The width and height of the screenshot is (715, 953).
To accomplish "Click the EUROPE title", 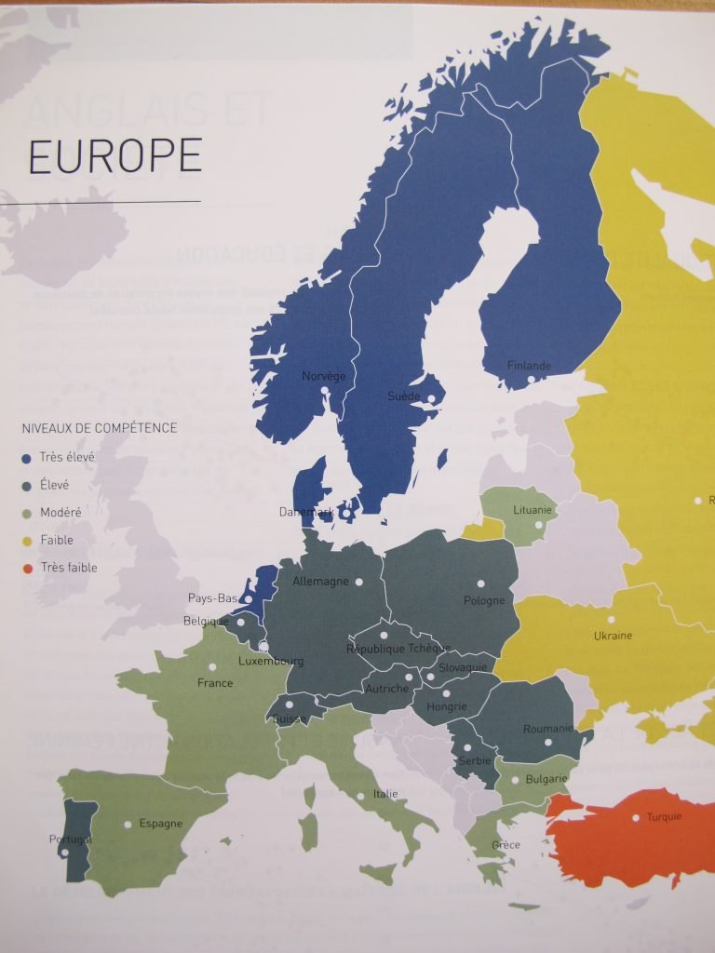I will (x=115, y=156).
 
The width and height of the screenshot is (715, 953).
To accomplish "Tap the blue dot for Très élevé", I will (x=27, y=458).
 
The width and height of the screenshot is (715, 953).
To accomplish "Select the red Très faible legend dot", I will (x=27, y=568).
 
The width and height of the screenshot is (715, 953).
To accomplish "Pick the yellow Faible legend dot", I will (x=27, y=540).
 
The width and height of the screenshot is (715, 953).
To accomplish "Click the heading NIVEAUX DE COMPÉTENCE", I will (x=99, y=428).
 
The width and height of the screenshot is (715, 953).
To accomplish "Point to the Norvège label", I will (x=323, y=376).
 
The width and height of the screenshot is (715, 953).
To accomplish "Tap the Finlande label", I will (x=529, y=366).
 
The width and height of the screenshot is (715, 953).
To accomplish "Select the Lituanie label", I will (x=533, y=510).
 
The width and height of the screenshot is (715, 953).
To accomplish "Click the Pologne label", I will (x=484, y=601).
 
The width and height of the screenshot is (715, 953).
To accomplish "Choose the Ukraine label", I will (x=613, y=636).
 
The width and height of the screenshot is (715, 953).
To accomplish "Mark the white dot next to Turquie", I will (x=637, y=818).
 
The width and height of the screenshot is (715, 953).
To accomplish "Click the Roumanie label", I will (x=547, y=729).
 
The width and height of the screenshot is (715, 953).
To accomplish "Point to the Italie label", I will (x=385, y=794).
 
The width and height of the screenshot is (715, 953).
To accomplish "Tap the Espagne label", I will (x=160, y=824).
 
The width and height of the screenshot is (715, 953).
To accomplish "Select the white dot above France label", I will (x=213, y=666).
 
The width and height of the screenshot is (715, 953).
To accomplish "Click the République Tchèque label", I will (x=398, y=649).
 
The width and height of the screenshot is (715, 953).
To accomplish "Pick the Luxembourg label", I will (x=271, y=662).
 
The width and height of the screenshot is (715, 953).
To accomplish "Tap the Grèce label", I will (x=506, y=845).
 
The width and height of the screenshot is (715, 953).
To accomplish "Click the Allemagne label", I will (x=320, y=582).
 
